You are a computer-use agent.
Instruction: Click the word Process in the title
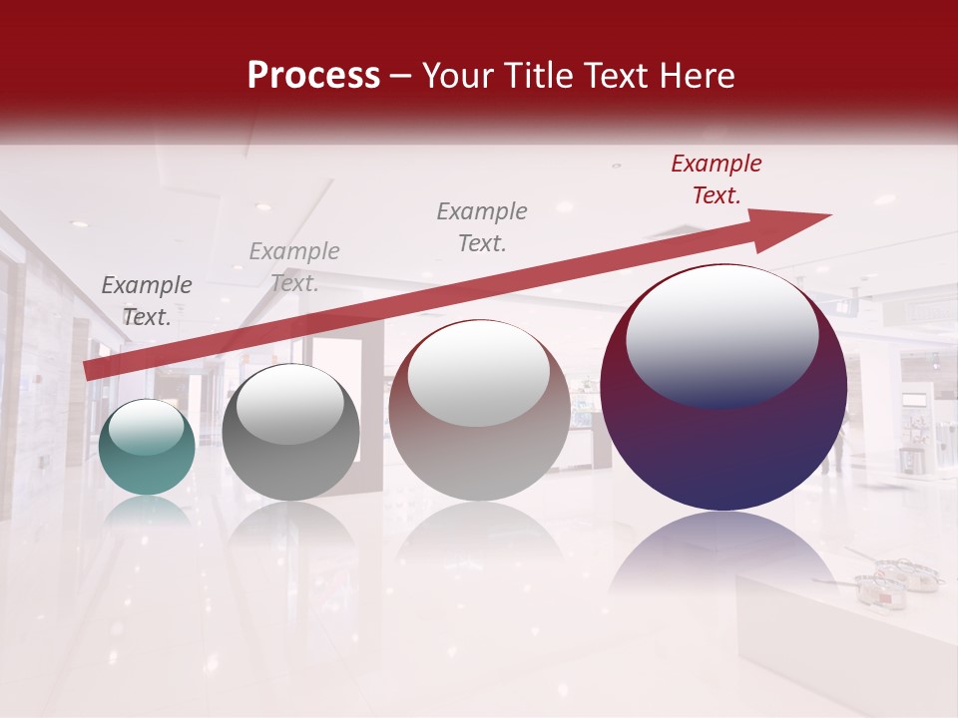[x=313, y=76]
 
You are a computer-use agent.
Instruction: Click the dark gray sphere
[x=290, y=434]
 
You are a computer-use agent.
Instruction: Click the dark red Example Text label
[x=716, y=179]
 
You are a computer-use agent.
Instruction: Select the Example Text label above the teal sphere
[x=147, y=300]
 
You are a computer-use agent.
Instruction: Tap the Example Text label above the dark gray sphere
[x=293, y=267]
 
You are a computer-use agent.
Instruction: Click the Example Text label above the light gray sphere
[x=482, y=226]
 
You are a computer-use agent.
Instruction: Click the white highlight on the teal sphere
[x=146, y=429]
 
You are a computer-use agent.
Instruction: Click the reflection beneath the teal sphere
[x=147, y=511]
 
